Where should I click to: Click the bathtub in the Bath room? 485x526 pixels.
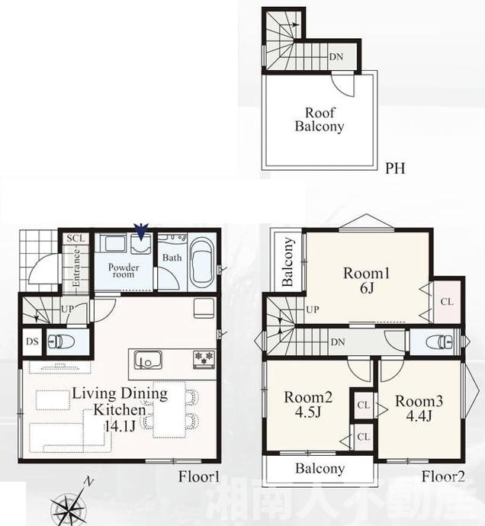click(x=201, y=263)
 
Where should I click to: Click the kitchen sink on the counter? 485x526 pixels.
click(x=148, y=361)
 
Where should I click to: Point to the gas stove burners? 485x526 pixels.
click(x=204, y=359)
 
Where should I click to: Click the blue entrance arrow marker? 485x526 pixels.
click(x=141, y=232)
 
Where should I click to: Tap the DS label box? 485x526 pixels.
click(x=32, y=342)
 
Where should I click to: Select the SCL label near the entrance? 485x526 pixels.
click(x=75, y=238)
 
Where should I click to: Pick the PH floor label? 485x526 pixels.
click(x=395, y=168)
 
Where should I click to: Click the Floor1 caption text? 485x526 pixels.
click(x=199, y=476)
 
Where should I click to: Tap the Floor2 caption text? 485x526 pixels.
click(x=443, y=476)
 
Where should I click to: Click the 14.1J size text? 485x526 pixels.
click(x=120, y=425)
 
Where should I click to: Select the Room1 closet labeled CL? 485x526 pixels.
click(x=446, y=302)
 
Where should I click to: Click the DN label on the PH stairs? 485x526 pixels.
click(x=336, y=56)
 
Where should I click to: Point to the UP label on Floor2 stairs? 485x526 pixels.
click(x=313, y=310)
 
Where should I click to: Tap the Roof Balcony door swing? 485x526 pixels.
click(x=343, y=85)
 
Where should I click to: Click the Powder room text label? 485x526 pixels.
click(x=124, y=271)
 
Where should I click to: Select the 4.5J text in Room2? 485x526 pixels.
click(x=308, y=412)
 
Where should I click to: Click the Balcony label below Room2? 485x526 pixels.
click(x=320, y=469)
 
